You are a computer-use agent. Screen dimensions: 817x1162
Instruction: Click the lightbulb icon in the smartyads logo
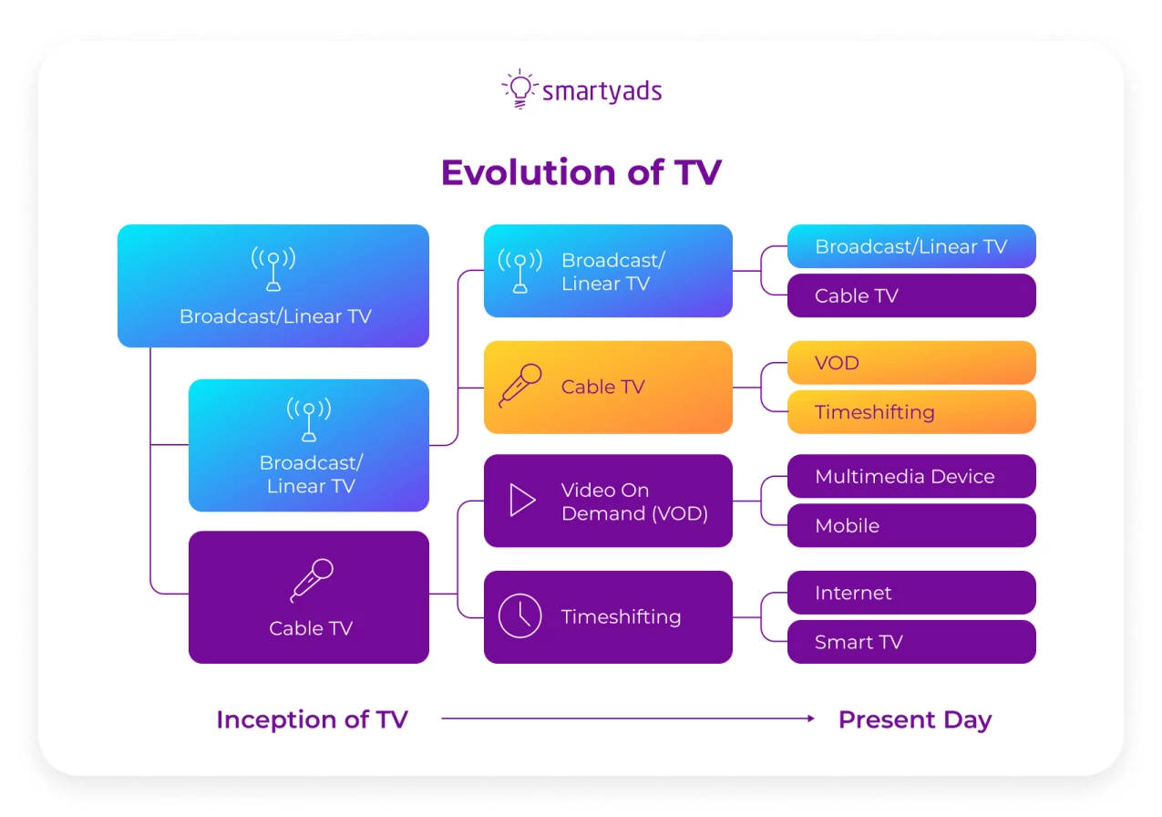coord(519,89)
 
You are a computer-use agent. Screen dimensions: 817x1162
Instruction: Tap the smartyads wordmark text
coord(602,91)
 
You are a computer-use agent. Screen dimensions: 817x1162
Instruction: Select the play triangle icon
coord(521,501)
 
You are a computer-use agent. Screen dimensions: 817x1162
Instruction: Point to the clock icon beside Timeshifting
coord(519,616)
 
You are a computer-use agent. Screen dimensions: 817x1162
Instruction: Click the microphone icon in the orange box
coord(520,386)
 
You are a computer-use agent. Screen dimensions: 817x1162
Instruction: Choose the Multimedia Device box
coord(910,476)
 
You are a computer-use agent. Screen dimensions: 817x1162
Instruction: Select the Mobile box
coord(910,525)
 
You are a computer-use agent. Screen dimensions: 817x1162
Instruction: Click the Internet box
coord(910,593)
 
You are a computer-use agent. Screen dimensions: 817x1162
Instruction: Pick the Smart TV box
coord(910,642)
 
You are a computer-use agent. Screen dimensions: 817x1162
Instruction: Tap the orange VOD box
coord(910,363)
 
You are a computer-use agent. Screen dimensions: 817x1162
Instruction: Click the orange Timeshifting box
coord(910,412)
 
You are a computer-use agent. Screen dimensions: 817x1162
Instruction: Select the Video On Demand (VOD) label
coord(634,502)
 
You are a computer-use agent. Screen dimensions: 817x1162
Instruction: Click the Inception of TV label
coord(312,719)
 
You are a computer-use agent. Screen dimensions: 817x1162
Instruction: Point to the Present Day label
coord(914,719)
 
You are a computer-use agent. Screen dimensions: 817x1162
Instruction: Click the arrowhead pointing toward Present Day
coord(810,719)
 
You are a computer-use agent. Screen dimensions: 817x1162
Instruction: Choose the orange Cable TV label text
coord(602,387)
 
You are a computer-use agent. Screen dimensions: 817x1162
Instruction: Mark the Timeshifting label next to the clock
coord(621,616)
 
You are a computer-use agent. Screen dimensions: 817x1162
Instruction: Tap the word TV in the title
coord(697,172)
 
